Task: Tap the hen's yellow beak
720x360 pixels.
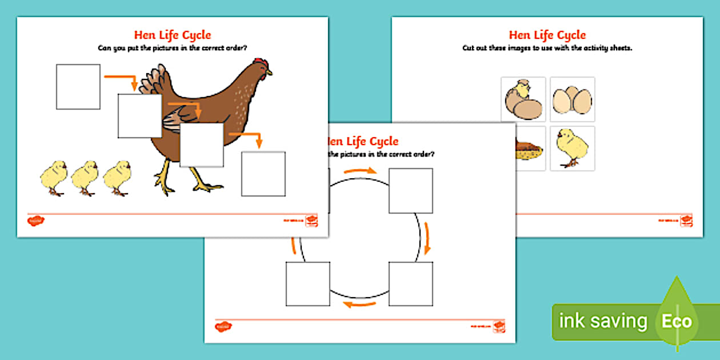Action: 269,72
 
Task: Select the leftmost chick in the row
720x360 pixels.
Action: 55,178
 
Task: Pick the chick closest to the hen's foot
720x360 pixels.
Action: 118,178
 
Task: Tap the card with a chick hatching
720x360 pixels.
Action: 523,99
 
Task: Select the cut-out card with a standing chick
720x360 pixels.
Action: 573,148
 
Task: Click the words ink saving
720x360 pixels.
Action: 602,321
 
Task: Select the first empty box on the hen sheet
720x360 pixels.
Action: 78,87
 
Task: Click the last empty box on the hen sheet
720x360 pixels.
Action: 263,174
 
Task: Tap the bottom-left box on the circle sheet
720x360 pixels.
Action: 308,283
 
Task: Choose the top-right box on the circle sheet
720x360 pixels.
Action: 411,191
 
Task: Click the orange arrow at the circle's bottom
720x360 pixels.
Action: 359,305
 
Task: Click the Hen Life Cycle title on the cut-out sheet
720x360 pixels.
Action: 547,35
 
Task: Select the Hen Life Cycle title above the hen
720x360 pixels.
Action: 172,35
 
